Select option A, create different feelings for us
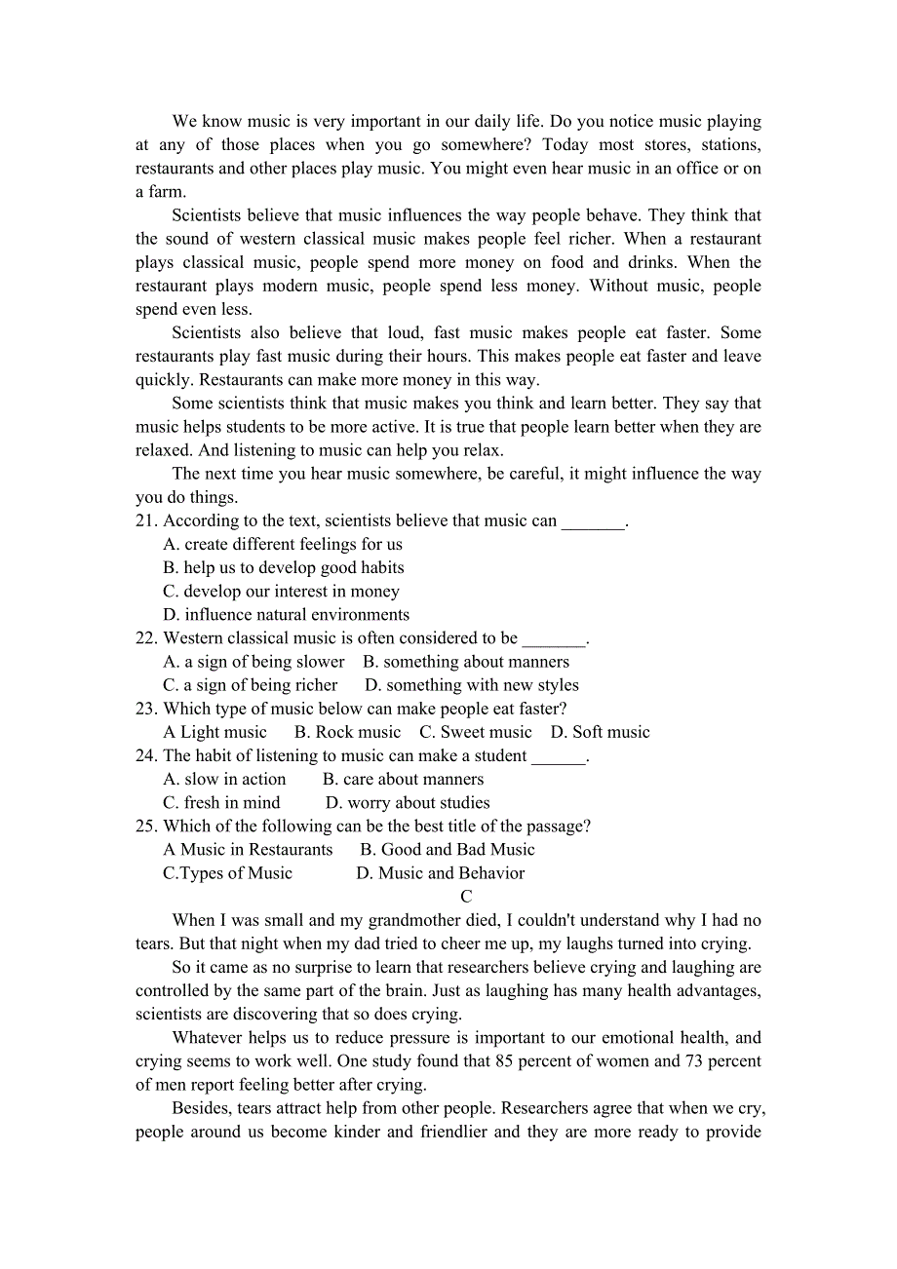(x=283, y=545)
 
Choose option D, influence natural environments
(x=286, y=615)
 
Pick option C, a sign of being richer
(x=250, y=685)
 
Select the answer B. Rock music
(x=347, y=732)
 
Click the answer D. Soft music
(x=600, y=732)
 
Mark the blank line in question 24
(x=559, y=757)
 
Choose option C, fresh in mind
(x=221, y=803)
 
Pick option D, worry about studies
(x=408, y=803)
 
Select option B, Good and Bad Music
(x=448, y=850)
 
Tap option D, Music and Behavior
(x=441, y=873)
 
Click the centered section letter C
(x=466, y=897)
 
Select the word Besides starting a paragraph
(x=200, y=1108)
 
